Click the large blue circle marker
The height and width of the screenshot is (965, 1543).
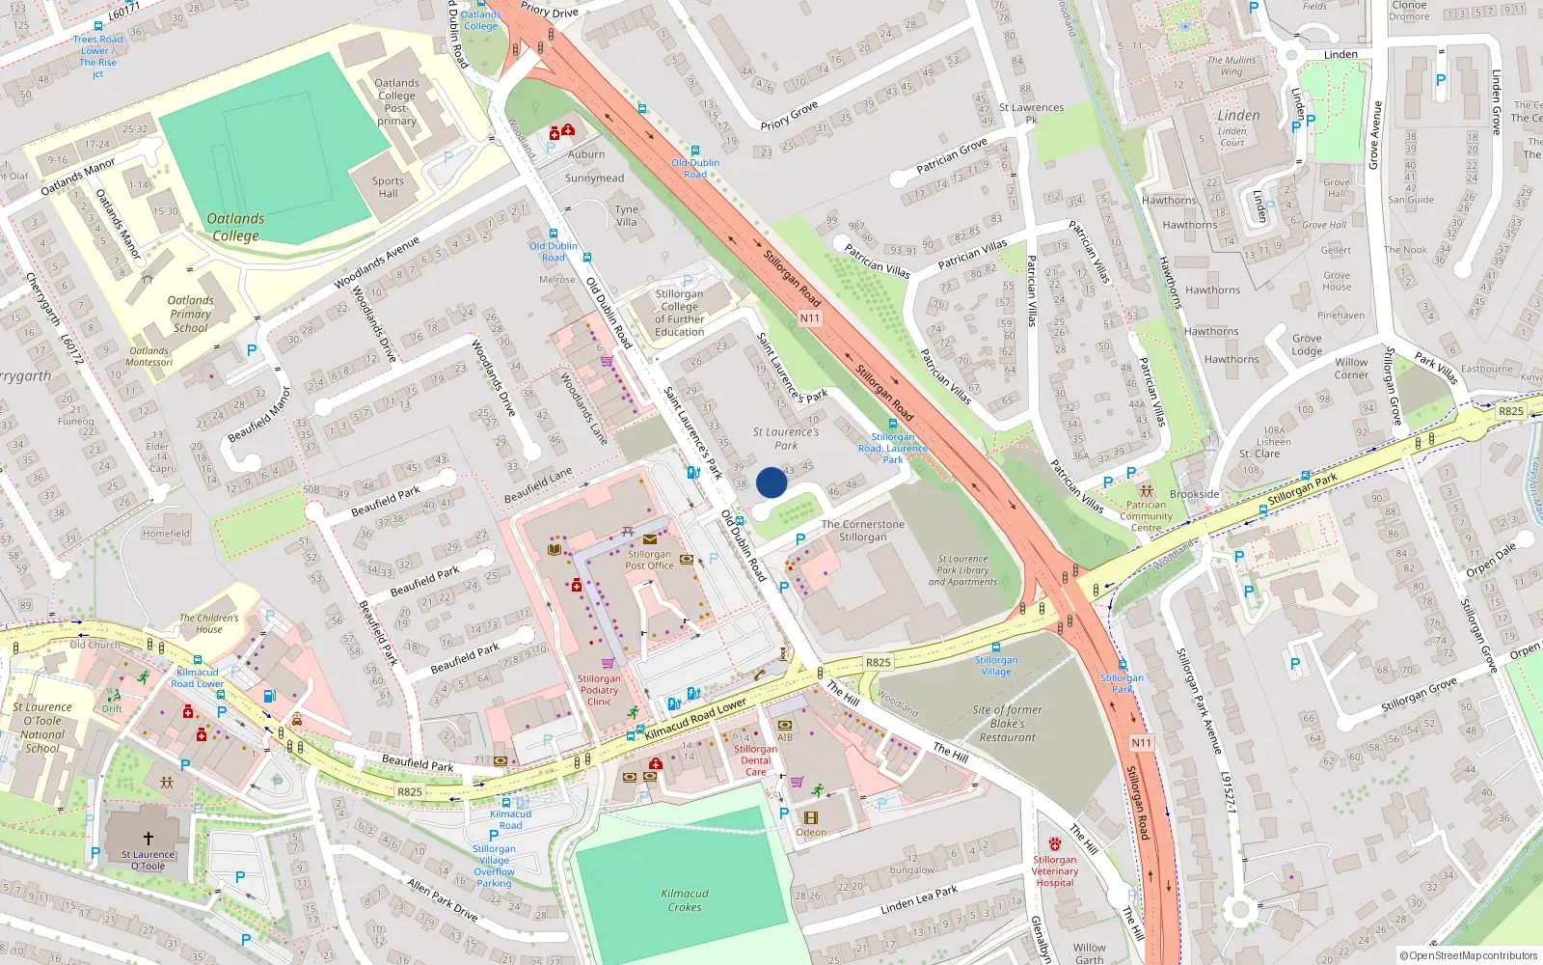tap(771, 482)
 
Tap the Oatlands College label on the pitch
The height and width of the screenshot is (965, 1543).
tap(235, 227)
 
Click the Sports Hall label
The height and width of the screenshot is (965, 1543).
tap(388, 187)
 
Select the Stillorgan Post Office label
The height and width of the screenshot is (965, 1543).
tap(649, 560)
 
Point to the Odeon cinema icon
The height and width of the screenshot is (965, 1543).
tap(811, 817)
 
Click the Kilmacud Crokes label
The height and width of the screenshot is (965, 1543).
tap(685, 900)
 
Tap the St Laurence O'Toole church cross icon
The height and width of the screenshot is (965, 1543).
tap(148, 839)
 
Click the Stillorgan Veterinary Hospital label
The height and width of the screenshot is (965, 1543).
tap(1055, 871)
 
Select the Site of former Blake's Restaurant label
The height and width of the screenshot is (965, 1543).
tap(1007, 724)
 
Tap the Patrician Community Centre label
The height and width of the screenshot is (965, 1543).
tap(1146, 515)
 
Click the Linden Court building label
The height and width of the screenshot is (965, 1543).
tap(1232, 136)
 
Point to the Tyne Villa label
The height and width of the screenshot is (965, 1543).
tap(627, 215)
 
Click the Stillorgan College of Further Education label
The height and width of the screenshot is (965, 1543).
tap(680, 313)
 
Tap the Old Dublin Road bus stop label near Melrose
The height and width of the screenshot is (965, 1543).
tap(554, 252)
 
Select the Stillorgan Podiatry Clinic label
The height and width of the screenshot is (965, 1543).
tap(599, 690)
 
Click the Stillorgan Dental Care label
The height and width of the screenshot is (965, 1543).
tap(755, 760)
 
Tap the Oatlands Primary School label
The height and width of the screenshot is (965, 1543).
tap(191, 314)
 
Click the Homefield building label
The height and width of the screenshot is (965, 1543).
tap(166, 534)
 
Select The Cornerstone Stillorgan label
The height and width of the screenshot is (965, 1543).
tap(863, 531)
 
